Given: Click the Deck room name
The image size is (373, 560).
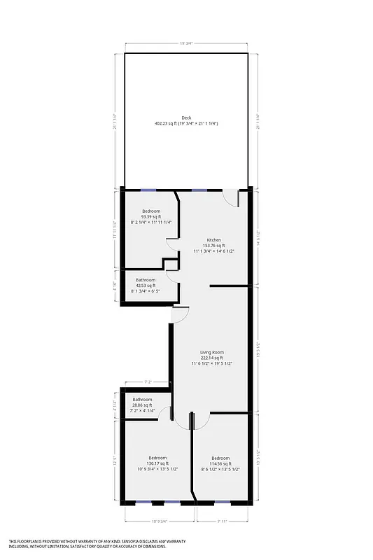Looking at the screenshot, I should [186, 118].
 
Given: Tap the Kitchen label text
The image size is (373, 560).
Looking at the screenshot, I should [213, 239].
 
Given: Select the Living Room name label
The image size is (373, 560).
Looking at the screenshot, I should [218, 351].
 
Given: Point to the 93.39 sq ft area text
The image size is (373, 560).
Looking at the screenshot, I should [151, 216].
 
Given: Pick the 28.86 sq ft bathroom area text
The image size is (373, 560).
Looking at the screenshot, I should [143, 405].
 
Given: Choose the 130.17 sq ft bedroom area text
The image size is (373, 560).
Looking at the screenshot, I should [157, 463].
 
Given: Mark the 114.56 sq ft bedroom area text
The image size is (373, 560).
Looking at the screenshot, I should [220, 463].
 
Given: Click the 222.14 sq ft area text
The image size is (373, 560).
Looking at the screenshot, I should [218, 358].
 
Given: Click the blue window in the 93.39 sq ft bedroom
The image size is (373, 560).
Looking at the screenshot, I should [148, 189].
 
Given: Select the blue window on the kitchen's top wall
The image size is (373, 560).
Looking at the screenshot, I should [199, 189].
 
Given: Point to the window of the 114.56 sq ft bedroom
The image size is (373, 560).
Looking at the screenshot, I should [222, 503].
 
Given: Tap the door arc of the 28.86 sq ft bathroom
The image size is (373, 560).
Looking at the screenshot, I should [165, 414].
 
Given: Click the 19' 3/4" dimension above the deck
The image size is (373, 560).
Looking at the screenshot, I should [186, 44].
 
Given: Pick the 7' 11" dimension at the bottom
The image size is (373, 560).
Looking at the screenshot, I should [223, 521].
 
